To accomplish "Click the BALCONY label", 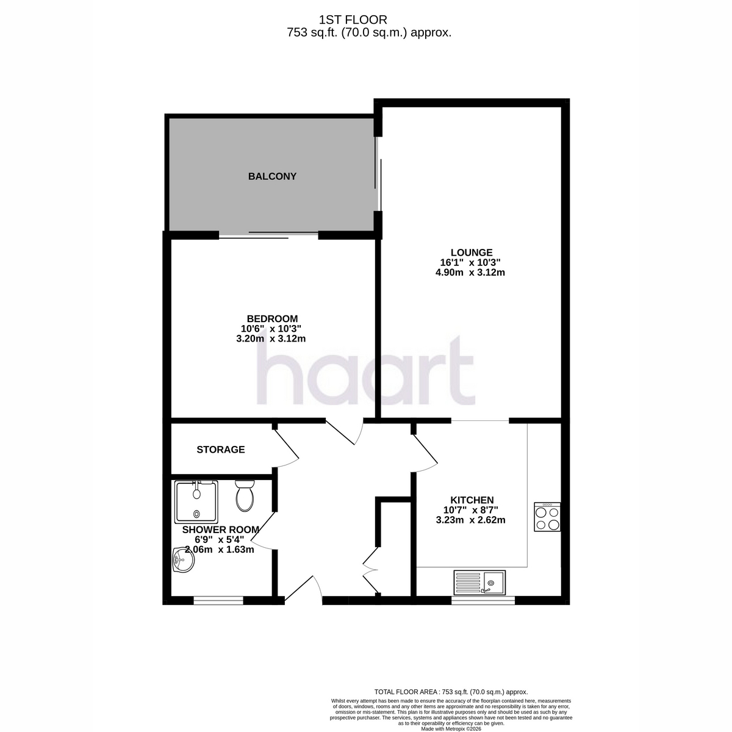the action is [272, 176].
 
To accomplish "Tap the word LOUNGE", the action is [472, 252].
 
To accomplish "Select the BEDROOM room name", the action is [272, 318].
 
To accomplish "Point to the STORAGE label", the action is [220, 450].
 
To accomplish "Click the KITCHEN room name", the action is [472, 500].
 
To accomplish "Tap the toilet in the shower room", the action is [245, 495].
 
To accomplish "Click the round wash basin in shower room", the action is [183, 560].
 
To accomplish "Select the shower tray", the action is [196, 502].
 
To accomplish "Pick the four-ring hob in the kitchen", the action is [547, 517].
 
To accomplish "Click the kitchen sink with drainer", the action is [479, 583].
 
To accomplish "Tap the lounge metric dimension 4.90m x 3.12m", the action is [470, 272].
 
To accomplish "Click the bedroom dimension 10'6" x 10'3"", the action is [271, 329].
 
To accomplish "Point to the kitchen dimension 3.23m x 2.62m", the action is [471, 520].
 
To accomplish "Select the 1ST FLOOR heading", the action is [353, 20].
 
